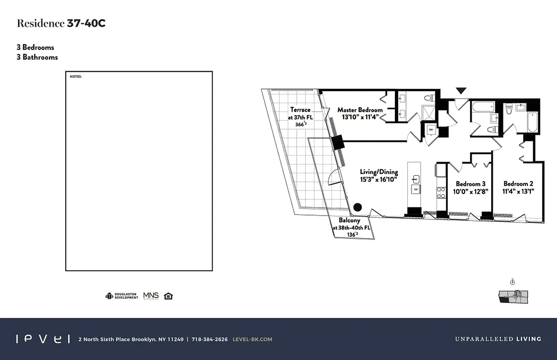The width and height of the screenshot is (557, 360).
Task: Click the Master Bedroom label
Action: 360,110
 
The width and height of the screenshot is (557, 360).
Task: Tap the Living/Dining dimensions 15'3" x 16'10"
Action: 379,180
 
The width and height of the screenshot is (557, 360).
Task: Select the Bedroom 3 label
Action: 471,184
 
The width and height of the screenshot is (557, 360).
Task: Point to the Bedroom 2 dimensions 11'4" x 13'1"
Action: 518,191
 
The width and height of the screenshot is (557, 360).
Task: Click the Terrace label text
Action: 300,110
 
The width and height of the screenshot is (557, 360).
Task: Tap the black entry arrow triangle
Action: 461,91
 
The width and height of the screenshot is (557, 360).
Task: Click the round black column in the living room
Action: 358,207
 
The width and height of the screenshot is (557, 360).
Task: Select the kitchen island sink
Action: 415,179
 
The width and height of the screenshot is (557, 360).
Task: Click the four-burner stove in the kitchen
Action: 441,192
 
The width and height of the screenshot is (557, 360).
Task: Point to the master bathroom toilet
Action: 430,98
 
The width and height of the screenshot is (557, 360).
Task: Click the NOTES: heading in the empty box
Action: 76,77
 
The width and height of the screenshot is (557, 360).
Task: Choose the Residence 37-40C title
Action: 61,23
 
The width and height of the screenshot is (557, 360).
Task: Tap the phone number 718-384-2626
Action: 209,339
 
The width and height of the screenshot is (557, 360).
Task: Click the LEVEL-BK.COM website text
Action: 252,339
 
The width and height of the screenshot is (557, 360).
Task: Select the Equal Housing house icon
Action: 168,296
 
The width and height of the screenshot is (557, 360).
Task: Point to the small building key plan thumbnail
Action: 513,295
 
